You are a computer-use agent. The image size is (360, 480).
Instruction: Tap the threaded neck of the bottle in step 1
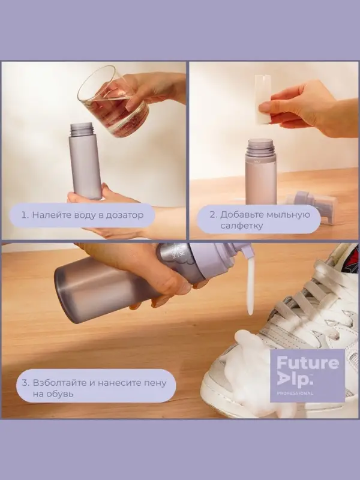(x=82, y=129)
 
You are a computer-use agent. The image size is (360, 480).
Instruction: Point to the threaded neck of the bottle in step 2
(x=260, y=147)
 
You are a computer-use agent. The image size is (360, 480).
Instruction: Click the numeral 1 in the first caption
(x=23, y=215)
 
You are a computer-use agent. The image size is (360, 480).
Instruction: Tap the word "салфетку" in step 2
(x=237, y=226)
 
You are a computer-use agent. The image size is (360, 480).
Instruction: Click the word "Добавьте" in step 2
(x=242, y=214)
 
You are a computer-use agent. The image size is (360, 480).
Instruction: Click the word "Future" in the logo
(x=308, y=364)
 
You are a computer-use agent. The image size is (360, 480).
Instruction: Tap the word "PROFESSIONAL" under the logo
(x=295, y=393)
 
